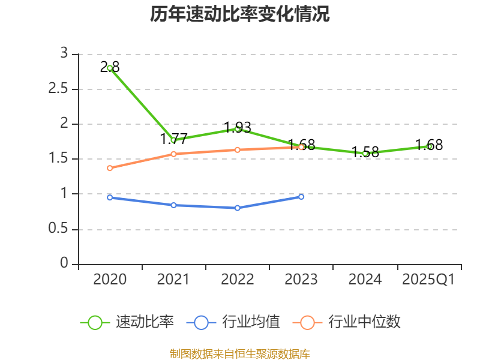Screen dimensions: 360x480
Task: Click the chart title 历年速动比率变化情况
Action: (240, 14)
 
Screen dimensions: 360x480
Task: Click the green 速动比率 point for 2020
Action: (110, 68)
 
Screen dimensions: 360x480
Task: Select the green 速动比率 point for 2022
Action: (238, 128)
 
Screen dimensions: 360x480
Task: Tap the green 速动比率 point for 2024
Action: (365, 153)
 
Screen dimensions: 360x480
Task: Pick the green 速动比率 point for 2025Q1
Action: (430, 146)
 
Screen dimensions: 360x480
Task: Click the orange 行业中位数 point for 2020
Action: (110, 168)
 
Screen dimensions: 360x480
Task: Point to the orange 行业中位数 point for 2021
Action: (173, 154)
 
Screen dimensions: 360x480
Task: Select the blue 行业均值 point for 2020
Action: (110, 197)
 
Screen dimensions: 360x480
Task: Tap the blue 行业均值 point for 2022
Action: (238, 208)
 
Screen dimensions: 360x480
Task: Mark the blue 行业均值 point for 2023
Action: (301, 196)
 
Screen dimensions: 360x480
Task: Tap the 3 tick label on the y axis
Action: (64, 54)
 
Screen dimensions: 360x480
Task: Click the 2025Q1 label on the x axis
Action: (428, 280)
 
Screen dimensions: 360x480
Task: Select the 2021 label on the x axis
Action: (173, 280)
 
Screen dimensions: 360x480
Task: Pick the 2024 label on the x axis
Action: (365, 280)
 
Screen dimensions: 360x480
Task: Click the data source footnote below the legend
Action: (240, 353)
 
